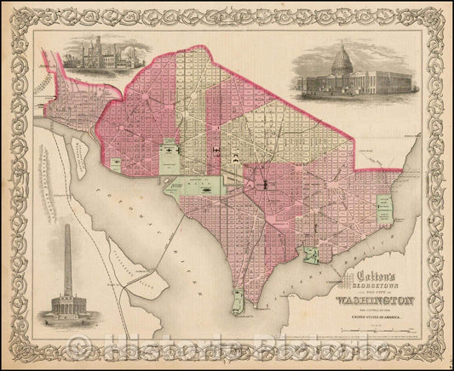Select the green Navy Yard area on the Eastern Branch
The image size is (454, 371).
pos(314,252)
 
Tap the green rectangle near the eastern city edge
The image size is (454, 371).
pos(384,209)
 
